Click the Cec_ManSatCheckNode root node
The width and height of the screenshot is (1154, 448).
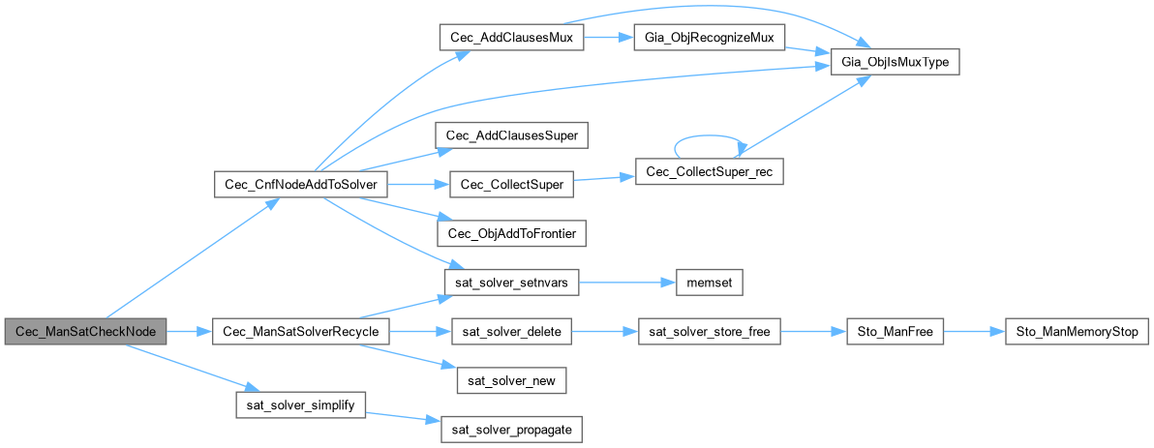[85, 332]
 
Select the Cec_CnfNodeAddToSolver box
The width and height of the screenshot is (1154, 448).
[300, 184]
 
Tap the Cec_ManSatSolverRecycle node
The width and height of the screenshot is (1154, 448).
[300, 332]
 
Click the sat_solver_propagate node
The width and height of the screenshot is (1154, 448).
[511, 431]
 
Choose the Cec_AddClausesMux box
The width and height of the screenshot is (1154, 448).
[511, 37]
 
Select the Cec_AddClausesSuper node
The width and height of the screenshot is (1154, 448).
[511, 135]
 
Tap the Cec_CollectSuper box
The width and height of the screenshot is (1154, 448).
[511, 184]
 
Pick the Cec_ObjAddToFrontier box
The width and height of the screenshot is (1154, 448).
[511, 233]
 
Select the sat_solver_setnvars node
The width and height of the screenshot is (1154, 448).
[511, 283]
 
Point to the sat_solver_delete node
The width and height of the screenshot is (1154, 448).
[511, 332]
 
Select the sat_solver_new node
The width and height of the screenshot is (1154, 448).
[511, 381]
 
